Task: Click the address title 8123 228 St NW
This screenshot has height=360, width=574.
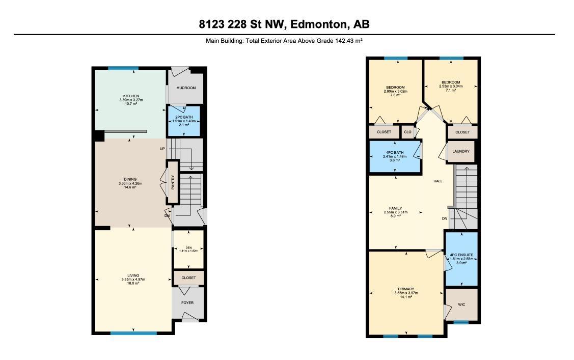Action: (284, 24)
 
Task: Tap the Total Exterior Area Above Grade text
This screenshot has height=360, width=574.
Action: (284, 40)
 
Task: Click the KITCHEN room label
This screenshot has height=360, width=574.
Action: (131, 96)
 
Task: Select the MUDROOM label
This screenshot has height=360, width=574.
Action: (186, 88)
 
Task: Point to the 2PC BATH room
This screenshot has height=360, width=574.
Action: (184, 121)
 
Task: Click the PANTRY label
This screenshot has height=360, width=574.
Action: (173, 182)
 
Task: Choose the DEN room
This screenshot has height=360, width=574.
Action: (188, 249)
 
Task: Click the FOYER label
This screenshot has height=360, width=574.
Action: (187, 302)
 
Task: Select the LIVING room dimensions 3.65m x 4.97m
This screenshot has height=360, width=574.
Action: (133, 280)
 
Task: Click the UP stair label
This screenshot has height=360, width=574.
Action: (162, 149)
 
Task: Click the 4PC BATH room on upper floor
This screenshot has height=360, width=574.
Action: (395, 156)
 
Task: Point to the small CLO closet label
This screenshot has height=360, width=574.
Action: (407, 132)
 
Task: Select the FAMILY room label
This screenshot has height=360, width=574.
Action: (395, 208)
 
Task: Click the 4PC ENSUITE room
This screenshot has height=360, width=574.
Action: (461, 258)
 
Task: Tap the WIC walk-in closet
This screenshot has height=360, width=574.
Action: (461, 304)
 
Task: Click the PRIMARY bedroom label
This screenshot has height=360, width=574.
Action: (406, 289)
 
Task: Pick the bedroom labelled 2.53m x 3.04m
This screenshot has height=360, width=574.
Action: (451, 86)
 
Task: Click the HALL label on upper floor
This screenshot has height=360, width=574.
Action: (438, 181)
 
